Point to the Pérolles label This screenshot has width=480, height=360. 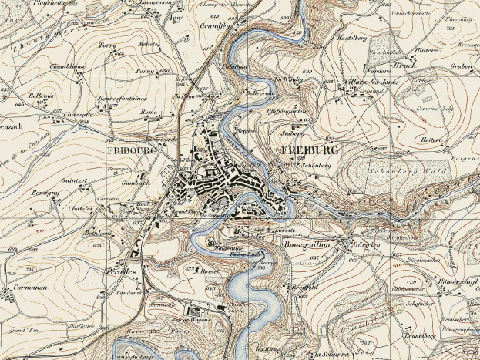[121, 272]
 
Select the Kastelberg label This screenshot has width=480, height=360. [351, 38]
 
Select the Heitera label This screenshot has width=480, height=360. [432, 140]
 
